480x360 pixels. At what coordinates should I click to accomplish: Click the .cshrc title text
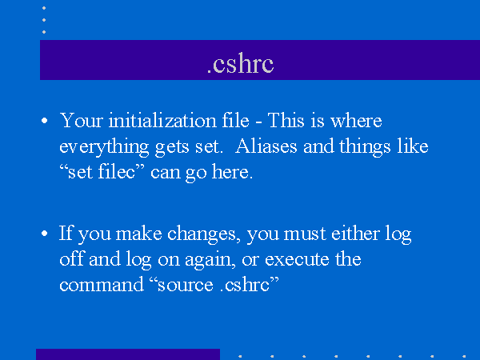(240, 63)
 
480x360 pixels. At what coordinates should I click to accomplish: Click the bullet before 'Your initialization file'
(44, 121)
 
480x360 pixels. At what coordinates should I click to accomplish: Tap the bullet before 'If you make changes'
(44, 234)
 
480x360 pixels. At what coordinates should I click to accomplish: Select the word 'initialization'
(162, 120)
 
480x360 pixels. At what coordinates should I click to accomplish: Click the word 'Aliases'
(266, 146)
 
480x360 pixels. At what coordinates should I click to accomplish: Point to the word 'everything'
(104, 147)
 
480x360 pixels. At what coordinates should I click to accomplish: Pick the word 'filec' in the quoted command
(117, 171)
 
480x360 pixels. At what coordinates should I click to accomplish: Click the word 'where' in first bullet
(356, 121)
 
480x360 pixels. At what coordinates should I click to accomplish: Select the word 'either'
(355, 234)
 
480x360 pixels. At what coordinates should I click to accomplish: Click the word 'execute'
(297, 259)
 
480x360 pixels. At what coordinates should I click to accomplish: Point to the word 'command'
(102, 284)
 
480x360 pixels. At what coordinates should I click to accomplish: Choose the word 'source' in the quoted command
(186, 286)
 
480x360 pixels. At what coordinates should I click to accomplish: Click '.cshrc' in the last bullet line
(245, 284)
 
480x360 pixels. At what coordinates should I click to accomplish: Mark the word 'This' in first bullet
(286, 120)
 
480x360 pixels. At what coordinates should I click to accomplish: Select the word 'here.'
(232, 171)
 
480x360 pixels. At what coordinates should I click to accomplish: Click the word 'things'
(365, 147)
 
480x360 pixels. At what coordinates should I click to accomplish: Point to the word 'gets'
(172, 148)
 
